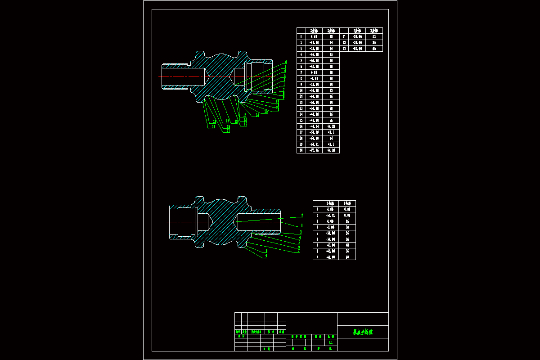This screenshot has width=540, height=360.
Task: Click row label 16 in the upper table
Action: tap(301, 126)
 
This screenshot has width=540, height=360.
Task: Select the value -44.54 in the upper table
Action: tap(315, 126)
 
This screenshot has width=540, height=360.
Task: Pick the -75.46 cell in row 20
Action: tap(315, 150)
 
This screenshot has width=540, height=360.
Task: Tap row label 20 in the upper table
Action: tap(301, 150)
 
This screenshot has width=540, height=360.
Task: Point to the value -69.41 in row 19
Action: tap(315, 144)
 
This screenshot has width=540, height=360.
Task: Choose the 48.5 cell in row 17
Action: tap(331, 132)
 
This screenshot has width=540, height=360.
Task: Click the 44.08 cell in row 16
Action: tap(331, 126)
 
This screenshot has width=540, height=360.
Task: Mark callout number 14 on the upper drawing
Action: tap(257, 115)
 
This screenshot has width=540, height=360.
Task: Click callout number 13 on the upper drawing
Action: tap(266, 112)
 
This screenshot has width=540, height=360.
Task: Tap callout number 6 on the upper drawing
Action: tap(286, 62)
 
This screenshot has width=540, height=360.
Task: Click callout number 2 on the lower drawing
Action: tap(302, 216)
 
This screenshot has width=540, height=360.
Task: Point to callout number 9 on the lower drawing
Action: tap(266, 256)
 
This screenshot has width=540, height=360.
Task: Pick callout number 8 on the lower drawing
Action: tap(266, 251)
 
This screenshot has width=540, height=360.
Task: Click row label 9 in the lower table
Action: tap(317, 257)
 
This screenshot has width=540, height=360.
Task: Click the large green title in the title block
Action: tap(363, 332)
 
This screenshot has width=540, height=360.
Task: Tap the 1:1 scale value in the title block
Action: tap(331, 342)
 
